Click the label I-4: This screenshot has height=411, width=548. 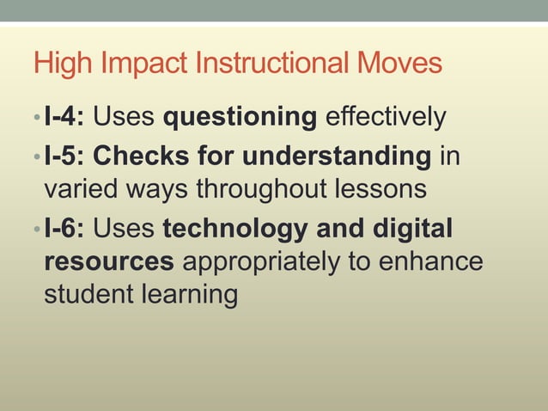click(64, 116)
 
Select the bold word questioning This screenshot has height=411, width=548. click(240, 116)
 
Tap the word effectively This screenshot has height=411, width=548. click(386, 116)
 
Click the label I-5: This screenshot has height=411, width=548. click(64, 157)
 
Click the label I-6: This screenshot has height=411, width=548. click(64, 230)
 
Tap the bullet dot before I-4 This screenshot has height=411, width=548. click(37, 117)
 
